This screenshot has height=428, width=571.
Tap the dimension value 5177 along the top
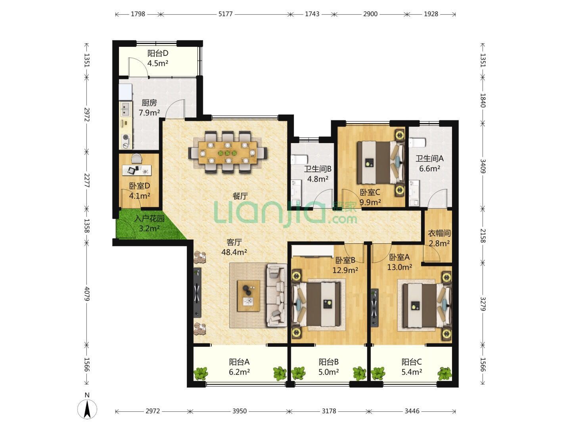pos(225,14)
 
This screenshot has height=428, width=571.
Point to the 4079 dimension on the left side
pos(87,294)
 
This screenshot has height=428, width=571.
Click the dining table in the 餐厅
pos(228,153)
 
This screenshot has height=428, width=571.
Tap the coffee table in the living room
pos(249,296)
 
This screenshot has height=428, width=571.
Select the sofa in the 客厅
pos(276,295)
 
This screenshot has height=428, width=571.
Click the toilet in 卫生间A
pos(417,142)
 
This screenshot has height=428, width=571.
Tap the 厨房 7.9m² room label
pos(149,108)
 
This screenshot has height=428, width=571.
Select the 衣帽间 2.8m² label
pos(439,238)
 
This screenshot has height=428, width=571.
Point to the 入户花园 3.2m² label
pos(149,223)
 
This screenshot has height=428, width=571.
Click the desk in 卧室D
pos(137,170)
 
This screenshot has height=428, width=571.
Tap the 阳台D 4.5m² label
pos(158,58)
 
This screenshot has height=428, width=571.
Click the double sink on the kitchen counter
pos(126,109)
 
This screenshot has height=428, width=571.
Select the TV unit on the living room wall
pos(197,292)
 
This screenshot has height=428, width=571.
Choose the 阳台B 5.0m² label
pos(329,367)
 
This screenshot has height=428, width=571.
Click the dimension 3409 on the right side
pos(483,166)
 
